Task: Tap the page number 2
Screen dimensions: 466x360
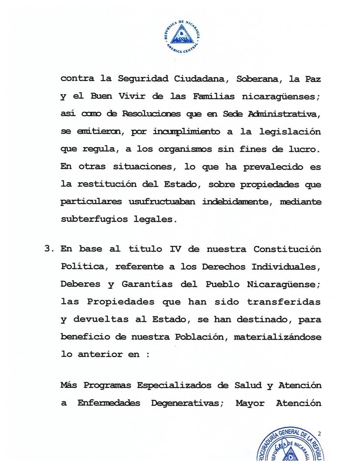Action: [319, 434]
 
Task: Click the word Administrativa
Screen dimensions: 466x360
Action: [284, 114]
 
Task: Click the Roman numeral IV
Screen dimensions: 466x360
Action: [175, 249]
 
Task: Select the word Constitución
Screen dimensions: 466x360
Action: [287, 249]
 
